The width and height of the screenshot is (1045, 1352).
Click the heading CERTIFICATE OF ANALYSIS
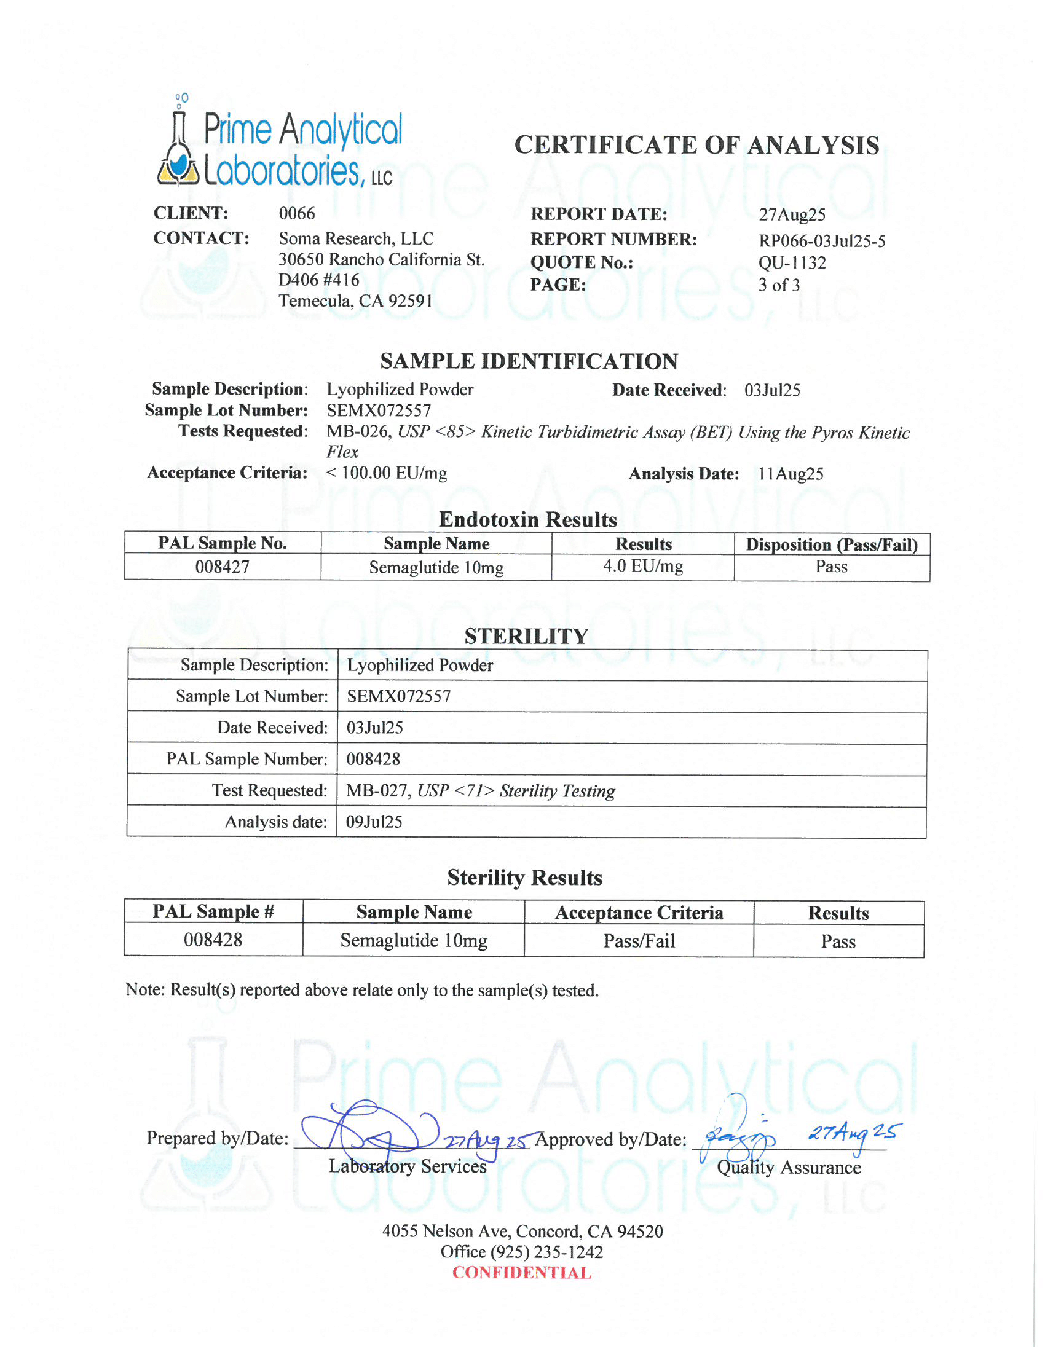click(696, 146)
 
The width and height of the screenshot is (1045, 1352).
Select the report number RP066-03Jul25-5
click(821, 241)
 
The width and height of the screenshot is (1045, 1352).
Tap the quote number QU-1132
click(792, 263)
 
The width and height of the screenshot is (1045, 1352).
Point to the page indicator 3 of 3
click(779, 285)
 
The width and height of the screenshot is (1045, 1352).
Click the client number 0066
click(296, 214)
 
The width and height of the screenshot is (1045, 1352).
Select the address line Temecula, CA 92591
click(355, 301)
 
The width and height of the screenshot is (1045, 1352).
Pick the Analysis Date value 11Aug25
click(791, 474)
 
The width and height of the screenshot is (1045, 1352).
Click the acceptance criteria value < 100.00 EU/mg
click(386, 473)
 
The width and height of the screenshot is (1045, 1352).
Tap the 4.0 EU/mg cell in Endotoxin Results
click(642, 567)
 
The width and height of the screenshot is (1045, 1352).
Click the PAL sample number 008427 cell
click(223, 567)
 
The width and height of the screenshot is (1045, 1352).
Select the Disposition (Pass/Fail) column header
click(832, 544)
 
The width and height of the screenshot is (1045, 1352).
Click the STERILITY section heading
click(526, 637)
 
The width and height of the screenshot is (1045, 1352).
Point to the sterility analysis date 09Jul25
click(374, 822)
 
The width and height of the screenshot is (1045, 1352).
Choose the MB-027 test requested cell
click(481, 791)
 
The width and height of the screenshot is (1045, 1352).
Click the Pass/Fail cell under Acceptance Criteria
click(639, 941)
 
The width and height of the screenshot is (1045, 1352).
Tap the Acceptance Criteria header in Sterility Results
click(639, 913)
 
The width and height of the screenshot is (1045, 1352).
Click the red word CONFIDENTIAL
click(522, 1273)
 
